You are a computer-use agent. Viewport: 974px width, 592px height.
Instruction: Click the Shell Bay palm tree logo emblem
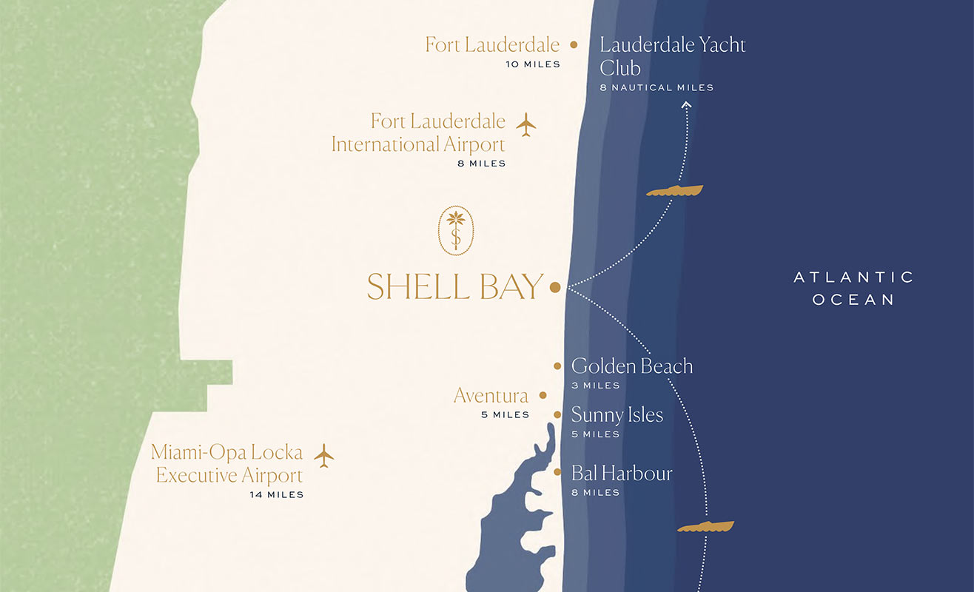click(x=456, y=231)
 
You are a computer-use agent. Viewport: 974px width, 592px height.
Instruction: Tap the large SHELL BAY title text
click(x=455, y=287)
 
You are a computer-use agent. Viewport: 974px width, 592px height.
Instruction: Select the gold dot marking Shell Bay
click(x=555, y=287)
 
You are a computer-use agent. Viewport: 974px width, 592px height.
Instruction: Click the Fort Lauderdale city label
click(x=492, y=44)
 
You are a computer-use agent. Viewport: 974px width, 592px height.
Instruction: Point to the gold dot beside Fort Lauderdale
click(x=574, y=44)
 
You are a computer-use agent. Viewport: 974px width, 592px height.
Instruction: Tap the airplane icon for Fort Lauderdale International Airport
click(x=526, y=124)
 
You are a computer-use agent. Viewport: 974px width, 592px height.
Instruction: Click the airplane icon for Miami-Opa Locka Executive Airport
click(x=323, y=455)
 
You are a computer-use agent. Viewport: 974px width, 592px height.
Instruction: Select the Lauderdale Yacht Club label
click(x=672, y=56)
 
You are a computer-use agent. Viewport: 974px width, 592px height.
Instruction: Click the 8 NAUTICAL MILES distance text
click(x=656, y=87)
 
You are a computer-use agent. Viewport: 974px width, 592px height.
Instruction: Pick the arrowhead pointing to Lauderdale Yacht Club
click(x=686, y=105)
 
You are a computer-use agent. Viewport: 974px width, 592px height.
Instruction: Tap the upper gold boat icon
click(x=674, y=191)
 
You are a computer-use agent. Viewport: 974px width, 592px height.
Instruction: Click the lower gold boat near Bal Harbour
click(x=705, y=527)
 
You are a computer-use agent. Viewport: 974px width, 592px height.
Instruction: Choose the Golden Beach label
click(x=632, y=366)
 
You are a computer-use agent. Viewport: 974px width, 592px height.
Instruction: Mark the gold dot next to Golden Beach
click(x=557, y=366)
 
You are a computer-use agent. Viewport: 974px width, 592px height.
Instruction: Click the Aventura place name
click(x=491, y=396)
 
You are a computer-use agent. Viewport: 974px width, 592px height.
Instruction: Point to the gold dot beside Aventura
click(x=543, y=396)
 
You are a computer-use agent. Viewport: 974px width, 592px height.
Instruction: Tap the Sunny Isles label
click(x=617, y=414)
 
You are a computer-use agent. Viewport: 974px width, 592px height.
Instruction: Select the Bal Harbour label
click(x=622, y=473)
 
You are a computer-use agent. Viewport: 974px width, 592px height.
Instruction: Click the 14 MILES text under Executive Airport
click(x=276, y=494)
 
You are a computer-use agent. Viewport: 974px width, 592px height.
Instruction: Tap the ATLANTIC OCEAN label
click(x=854, y=288)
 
